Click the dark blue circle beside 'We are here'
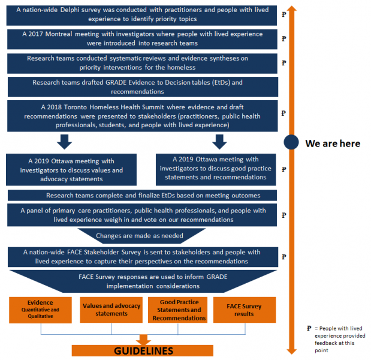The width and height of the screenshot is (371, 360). (x=291, y=143)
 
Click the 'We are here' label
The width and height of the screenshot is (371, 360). (x=333, y=143)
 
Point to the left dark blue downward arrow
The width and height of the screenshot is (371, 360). (x=64, y=142)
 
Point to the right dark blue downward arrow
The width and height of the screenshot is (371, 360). (x=219, y=142)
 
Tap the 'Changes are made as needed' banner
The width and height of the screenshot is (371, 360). (x=141, y=236)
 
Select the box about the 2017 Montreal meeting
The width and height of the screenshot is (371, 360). (x=141, y=39)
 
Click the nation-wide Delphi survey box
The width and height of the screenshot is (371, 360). (x=141, y=15)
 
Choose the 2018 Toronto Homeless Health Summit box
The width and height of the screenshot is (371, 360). (x=141, y=116)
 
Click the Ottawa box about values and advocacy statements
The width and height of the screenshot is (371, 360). (x=71, y=170)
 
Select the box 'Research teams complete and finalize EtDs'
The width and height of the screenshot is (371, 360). (x=141, y=196)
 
